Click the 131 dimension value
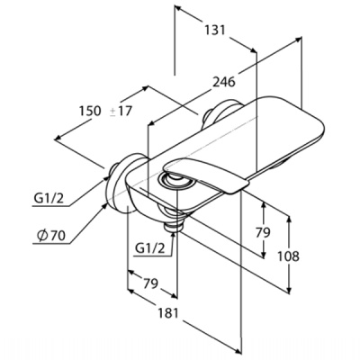point(214,30)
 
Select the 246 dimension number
point(224,82)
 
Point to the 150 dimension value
point(90,111)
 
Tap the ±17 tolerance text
point(121,112)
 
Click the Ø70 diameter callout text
point(50,236)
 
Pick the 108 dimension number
point(288,256)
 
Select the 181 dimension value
point(167,313)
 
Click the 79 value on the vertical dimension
point(263,232)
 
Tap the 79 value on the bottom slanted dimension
point(150,283)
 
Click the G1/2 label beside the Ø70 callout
point(49,198)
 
